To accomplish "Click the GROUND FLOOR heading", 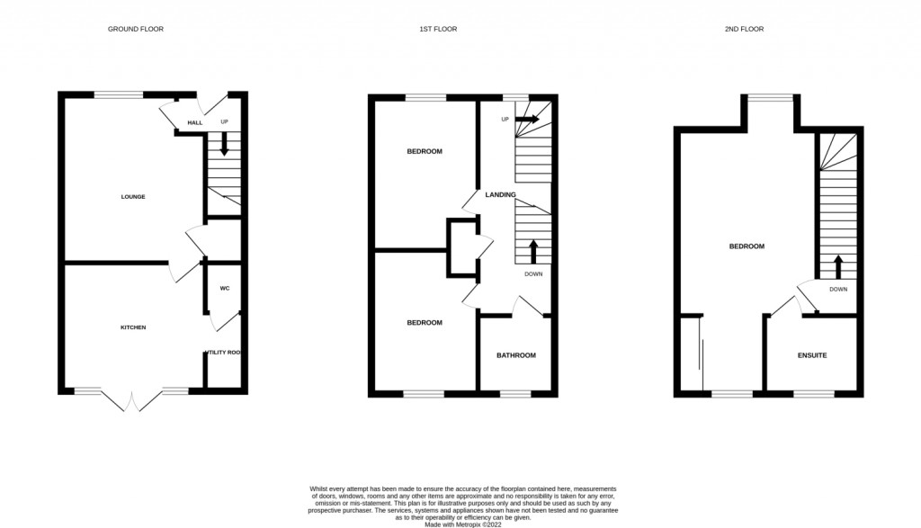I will (x=136, y=30).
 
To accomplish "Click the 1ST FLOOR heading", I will (x=438, y=30).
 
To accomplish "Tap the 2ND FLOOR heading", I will (x=744, y=30).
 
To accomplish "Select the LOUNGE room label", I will (x=133, y=197).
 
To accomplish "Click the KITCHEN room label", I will (x=133, y=327).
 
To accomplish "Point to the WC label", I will (x=225, y=289).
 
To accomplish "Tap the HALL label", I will (x=195, y=123).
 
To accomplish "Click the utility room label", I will (x=224, y=353).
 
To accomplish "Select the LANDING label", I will (x=500, y=195).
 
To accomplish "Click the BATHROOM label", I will (x=516, y=355).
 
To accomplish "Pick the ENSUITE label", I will (x=811, y=355).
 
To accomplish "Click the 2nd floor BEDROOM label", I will (x=747, y=246).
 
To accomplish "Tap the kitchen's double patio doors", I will (x=132, y=400).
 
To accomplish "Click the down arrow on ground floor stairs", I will (x=224, y=146).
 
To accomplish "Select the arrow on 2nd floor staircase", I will (x=838, y=265).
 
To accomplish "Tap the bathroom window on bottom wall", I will (x=515, y=394).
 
